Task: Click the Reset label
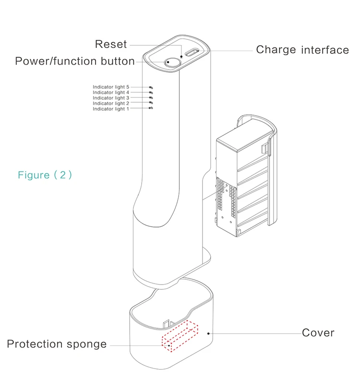pos(111,44)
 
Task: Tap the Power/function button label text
pos(75,61)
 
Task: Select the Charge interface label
pos(302,50)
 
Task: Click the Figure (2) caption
pos(45,175)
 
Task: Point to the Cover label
pos(318,333)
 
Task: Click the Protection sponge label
pos(57,344)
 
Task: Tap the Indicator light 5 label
pos(111,87)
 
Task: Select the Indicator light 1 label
pos(110,109)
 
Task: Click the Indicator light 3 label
pos(111,98)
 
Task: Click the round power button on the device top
pos(173,62)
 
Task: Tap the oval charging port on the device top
pos(192,52)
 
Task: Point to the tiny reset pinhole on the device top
pos(181,57)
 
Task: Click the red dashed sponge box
pos(180,336)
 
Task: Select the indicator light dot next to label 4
pos(151,93)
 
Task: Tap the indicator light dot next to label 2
pos(151,103)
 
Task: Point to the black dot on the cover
pos(208,333)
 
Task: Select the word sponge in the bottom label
pos(87,345)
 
